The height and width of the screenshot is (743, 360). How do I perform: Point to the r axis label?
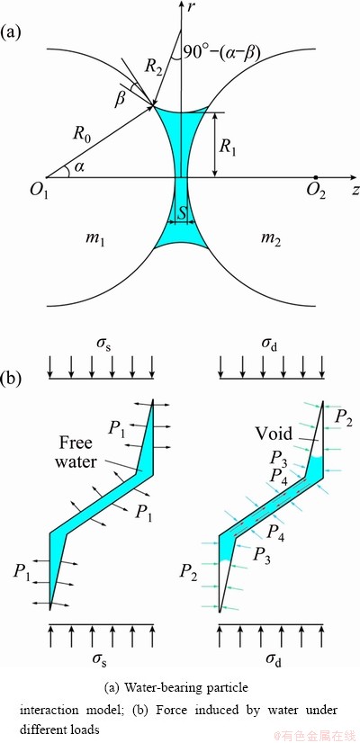click(x=191, y=8)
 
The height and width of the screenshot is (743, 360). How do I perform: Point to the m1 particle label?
click(x=95, y=241)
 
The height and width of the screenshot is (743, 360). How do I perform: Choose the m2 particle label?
click(x=271, y=241)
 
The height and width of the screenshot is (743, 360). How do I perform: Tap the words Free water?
click(x=79, y=452)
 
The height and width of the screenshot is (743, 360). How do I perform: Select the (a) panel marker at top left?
click(x=11, y=33)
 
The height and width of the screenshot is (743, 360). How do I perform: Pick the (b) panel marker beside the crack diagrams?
click(x=11, y=379)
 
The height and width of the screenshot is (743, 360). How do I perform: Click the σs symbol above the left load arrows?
click(x=101, y=349)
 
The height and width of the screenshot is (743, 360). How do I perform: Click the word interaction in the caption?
click(x=45, y=711)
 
